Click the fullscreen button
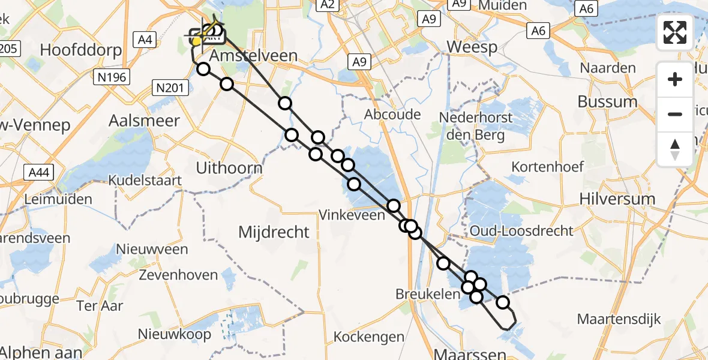[675, 32]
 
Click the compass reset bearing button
[675, 148]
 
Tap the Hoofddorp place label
[82, 49]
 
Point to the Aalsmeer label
[144, 121]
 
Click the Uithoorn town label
[229, 168]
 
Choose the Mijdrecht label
[274, 232]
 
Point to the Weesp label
[472, 47]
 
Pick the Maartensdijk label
[619, 319]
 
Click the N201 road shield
[169, 88]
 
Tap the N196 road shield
[112, 77]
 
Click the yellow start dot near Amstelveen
[196, 41]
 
